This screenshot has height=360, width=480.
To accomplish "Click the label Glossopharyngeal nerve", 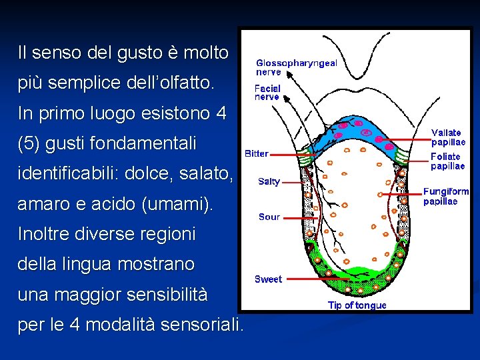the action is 296,67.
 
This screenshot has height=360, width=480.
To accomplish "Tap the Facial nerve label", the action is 267,92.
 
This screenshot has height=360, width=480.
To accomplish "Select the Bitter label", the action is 257,153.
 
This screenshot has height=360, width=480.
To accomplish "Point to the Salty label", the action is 269,181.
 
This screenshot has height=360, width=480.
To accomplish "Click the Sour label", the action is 269,217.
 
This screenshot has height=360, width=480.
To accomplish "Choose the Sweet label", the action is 268,279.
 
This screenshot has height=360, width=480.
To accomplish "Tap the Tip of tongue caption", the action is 357,305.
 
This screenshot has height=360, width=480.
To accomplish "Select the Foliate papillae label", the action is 447,161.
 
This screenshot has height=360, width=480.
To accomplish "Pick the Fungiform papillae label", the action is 446,196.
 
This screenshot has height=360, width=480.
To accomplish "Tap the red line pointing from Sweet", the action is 303,279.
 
